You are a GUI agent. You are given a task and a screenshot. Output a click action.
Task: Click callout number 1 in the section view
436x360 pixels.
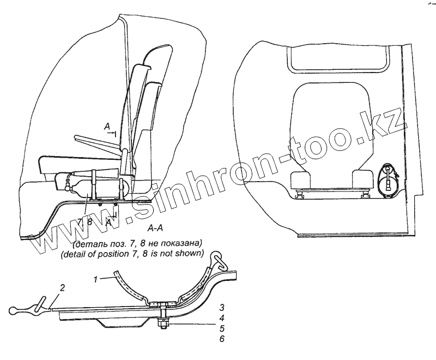pyautogui.click(x=96, y=279)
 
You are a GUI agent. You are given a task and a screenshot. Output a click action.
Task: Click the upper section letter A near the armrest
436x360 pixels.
pyautogui.click(x=108, y=125)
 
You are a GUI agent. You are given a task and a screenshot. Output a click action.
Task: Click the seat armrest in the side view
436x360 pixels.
pyautogui.click(x=98, y=143)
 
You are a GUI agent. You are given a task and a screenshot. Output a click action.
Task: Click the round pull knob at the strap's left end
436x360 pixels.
pyautogui.click(x=15, y=310)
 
